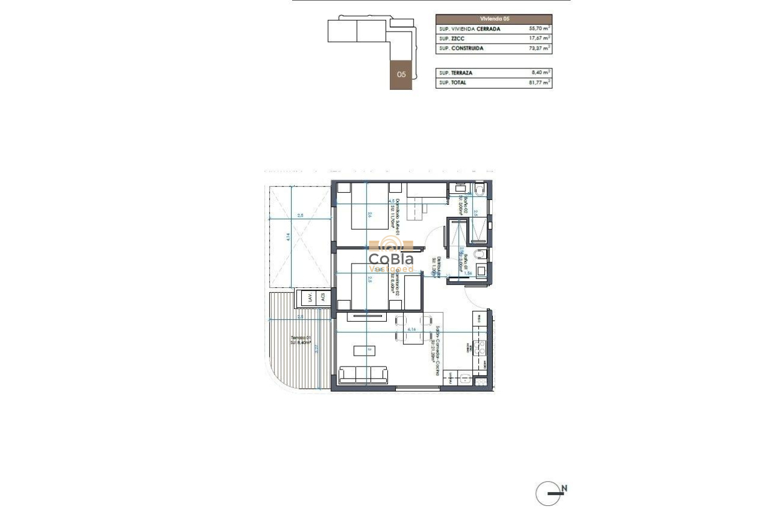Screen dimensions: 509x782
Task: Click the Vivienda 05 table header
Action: [493, 19]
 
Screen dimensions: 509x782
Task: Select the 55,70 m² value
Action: [538, 29]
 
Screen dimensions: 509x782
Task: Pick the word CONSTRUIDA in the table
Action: [467, 48]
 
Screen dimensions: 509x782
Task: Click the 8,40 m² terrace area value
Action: [540, 73]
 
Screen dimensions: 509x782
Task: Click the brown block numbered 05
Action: [401, 75]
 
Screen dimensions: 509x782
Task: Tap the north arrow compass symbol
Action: [548, 493]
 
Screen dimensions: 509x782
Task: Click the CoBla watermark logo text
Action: [391, 259]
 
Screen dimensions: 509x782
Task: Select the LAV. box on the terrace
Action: [310, 298]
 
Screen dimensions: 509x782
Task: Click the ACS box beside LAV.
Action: [323, 298]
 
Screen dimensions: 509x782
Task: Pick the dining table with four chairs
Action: [413, 329]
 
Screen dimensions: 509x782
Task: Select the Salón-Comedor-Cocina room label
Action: [436, 351]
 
